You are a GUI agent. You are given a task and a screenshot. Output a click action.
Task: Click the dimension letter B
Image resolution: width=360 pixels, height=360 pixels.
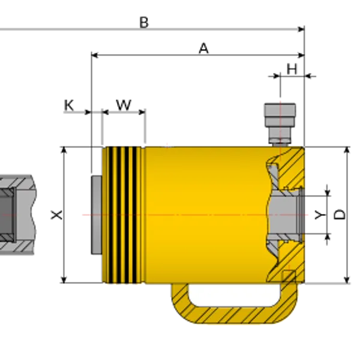[144, 23]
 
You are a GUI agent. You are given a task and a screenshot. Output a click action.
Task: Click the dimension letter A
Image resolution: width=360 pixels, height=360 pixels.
[203, 49]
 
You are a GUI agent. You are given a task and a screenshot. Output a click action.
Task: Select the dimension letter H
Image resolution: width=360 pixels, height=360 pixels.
[292, 69]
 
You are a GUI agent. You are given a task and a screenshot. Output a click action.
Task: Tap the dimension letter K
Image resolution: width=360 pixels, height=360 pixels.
[69, 106]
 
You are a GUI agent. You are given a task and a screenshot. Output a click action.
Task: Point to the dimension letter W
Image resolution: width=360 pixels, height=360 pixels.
[124, 105]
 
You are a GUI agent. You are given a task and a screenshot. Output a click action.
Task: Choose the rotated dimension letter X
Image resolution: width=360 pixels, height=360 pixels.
[56, 215]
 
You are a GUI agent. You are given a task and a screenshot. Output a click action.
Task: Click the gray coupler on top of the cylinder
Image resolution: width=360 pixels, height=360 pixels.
[280, 124]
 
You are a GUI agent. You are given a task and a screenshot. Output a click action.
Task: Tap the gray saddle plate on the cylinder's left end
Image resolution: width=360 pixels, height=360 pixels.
[97, 215]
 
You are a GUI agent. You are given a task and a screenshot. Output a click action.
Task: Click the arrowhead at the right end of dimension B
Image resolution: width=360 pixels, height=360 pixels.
[301, 29]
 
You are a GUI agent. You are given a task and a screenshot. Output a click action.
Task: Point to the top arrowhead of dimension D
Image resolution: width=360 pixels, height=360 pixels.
[347, 150]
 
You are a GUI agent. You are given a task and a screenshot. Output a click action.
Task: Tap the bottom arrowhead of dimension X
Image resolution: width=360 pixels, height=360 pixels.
[64, 280]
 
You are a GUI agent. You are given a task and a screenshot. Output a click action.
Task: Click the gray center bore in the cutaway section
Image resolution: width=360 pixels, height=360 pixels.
[284, 215]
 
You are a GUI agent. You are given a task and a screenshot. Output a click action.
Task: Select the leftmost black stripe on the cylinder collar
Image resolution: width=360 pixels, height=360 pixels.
[111, 215]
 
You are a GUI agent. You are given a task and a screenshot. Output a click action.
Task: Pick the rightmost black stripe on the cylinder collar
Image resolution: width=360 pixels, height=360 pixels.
[135, 215]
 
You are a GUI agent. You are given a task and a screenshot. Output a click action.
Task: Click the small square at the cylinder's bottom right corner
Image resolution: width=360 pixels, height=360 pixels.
[289, 276]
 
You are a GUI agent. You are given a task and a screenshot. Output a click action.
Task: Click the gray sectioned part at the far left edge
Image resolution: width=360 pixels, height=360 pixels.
[17, 215]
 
